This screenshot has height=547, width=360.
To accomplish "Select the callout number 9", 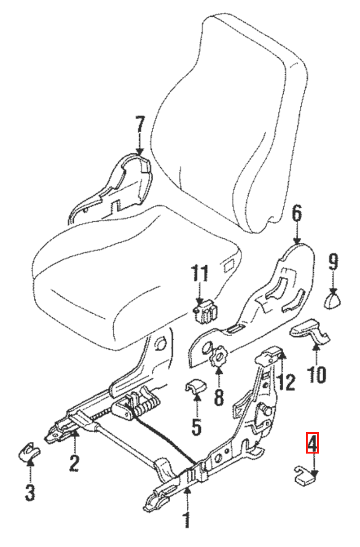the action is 334,262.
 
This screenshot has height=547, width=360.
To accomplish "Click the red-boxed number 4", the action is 312,443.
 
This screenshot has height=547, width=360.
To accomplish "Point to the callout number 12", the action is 287,382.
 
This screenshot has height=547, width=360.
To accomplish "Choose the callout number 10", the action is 317,374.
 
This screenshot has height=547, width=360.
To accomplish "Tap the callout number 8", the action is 219,397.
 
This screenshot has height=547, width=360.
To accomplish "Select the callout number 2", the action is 74,463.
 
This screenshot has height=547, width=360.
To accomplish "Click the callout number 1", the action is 186,520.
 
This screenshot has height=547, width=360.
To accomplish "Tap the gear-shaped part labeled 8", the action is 219,356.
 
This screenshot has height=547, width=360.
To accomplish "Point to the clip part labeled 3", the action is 29,452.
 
